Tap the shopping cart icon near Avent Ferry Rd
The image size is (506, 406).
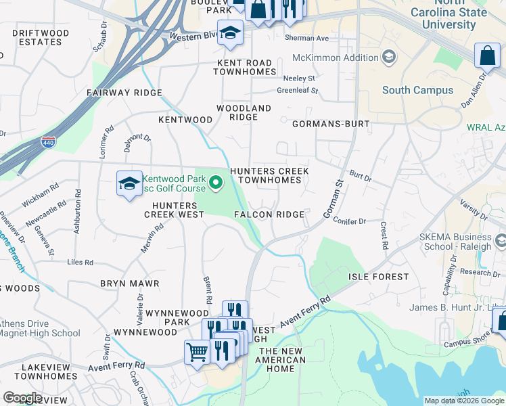click(x=197, y=351)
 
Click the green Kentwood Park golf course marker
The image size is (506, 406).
click(x=216, y=181)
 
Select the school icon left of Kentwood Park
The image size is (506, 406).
click(x=129, y=183)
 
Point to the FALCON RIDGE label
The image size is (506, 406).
click(x=269, y=215)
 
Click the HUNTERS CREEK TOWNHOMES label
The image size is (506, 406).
click(x=269, y=176)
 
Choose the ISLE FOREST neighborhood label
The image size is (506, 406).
click(x=378, y=277)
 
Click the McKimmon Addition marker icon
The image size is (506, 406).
click(x=388, y=58)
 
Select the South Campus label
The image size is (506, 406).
click(x=417, y=90)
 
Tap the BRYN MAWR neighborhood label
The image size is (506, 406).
click(x=129, y=284)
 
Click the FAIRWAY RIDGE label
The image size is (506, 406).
click(x=124, y=93)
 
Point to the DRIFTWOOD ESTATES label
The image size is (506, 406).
click(x=41, y=37)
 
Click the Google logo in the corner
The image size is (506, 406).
click(x=22, y=398)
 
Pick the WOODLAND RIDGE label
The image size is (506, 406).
click(x=244, y=112)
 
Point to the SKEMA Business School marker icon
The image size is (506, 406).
click(x=501, y=241)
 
